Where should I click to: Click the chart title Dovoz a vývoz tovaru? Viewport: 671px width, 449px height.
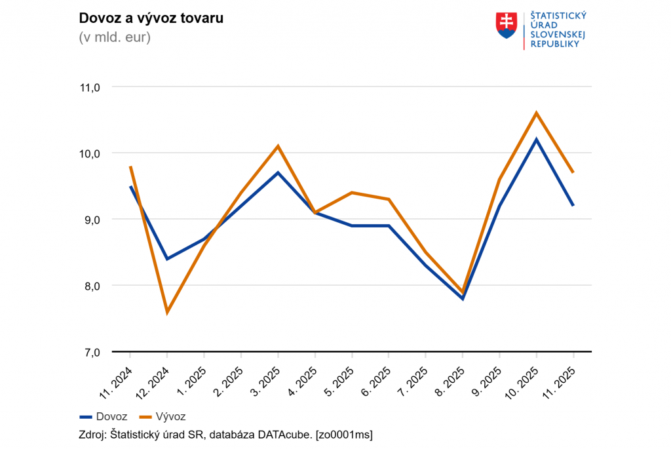coord(151,18)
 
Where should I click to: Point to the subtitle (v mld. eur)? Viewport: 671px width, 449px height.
coord(115,37)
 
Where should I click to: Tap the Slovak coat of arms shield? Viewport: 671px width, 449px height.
coord(507,26)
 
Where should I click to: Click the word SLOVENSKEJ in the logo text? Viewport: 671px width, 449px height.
coord(557,34)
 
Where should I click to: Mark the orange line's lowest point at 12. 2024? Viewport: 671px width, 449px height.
coord(168,312)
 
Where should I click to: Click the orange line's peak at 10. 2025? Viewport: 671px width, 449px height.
coord(537,113)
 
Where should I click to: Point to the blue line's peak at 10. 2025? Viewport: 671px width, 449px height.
coord(537,140)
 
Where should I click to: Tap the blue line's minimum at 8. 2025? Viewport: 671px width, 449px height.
coord(463,298)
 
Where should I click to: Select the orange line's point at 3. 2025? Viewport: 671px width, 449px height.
coord(278,146)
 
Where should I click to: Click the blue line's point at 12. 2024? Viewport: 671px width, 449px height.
coord(168,259)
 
